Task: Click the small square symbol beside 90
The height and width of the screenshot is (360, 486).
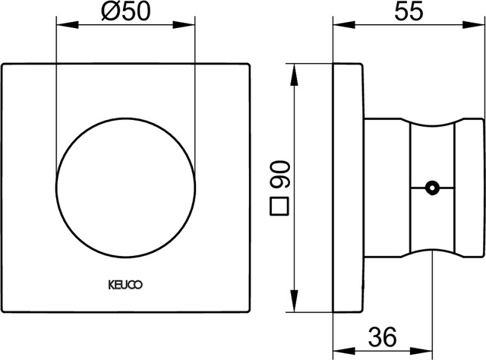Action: click(x=280, y=205)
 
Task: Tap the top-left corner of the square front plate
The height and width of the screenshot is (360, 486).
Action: click(x=3, y=65)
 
